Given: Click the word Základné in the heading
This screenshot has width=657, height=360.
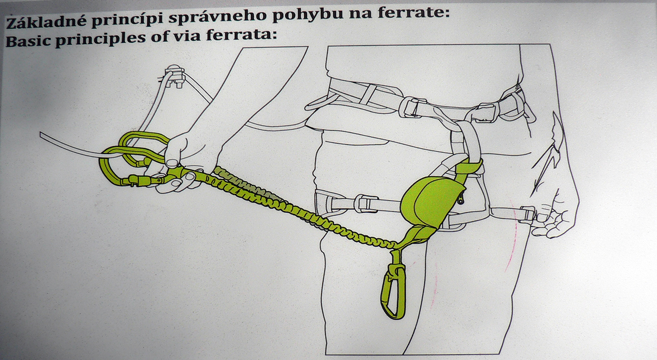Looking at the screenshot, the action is pyautogui.click(x=47, y=23).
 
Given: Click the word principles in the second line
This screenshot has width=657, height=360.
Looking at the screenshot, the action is pyautogui.click(x=100, y=40).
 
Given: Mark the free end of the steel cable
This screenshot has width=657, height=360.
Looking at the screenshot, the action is pyautogui.click(x=41, y=134).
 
